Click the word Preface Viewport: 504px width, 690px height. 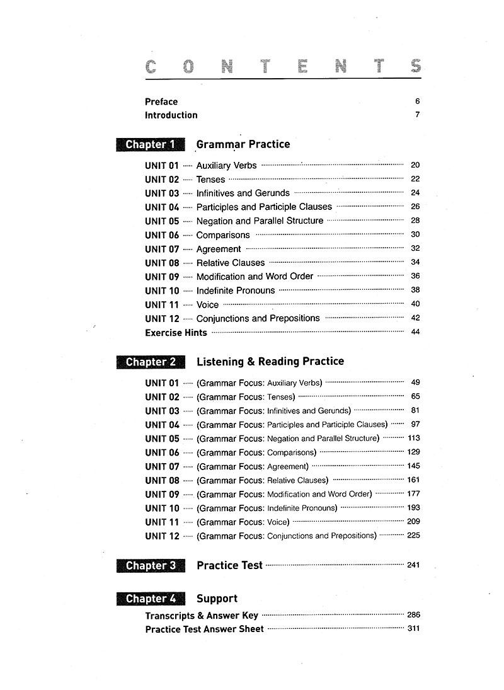[161, 101]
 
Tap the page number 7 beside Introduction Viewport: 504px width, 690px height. [417, 115]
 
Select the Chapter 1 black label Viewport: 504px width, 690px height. [151, 144]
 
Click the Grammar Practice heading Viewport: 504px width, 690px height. [243, 144]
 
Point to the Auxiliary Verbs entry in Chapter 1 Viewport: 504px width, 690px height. [226, 166]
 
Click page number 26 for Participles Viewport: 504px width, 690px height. [415, 207]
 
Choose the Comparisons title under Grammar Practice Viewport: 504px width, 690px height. [223, 235]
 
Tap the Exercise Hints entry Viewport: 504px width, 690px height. [176, 333]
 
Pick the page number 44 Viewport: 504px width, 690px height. [415, 332]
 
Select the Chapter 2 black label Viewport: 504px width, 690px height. [151, 362]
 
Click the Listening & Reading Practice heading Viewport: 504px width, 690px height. [270, 362]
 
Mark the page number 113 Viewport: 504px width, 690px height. [413, 438]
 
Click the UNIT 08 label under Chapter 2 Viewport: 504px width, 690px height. [162, 480]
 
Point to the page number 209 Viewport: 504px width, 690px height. [413, 521]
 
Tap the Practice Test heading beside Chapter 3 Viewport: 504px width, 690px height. [229, 565]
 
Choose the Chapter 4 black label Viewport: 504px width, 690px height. [151, 599]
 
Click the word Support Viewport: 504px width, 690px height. [217, 599]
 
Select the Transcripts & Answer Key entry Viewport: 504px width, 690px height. [201, 616]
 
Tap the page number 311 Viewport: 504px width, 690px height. [413, 628]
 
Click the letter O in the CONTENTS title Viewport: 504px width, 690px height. [190, 67]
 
